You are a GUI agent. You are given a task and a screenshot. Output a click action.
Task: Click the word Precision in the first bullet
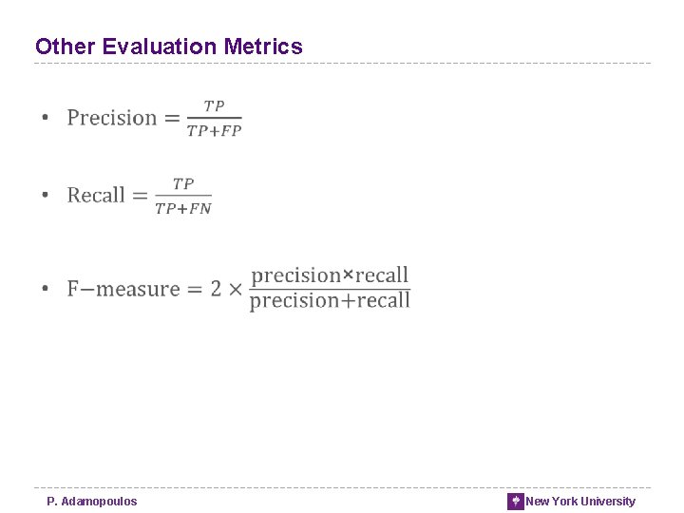[x=111, y=118]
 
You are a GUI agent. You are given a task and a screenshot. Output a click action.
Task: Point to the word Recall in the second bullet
[x=96, y=195]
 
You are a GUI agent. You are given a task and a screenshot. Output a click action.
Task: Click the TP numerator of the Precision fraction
[x=215, y=105]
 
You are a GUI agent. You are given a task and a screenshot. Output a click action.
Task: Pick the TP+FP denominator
[x=215, y=131]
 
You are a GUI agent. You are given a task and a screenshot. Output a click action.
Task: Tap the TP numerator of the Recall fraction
[x=183, y=182]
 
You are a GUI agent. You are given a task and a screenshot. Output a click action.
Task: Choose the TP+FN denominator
[x=183, y=208]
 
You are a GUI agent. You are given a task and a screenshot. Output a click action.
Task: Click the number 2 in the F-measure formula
[x=216, y=289]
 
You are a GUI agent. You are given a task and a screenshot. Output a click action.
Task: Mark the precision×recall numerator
[x=330, y=275]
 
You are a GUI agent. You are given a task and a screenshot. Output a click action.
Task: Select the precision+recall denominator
[x=330, y=301]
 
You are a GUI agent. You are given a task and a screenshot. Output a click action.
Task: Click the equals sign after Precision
[x=172, y=119]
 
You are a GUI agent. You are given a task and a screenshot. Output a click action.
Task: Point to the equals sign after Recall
[x=140, y=196]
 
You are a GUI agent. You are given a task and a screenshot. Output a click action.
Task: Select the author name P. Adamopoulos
[x=92, y=502]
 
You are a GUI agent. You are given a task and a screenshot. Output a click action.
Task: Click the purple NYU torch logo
[x=516, y=502]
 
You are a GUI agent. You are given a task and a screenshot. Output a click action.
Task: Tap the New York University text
[x=580, y=502]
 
